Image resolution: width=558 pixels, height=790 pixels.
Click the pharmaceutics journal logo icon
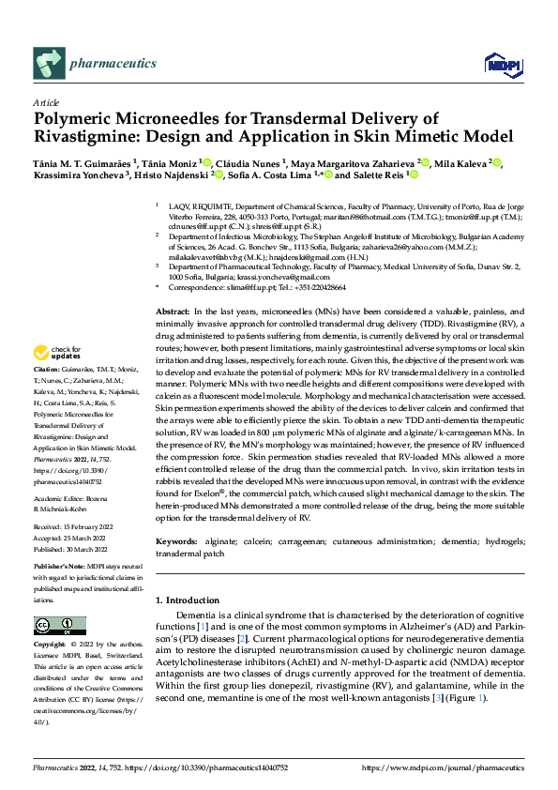48,64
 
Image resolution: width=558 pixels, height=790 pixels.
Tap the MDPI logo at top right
497,63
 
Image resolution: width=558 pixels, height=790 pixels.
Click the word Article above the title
45,103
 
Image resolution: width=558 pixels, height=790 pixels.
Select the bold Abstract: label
173,310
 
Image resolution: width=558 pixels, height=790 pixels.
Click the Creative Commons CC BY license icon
54,625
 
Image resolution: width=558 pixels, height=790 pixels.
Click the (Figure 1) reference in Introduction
467,698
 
